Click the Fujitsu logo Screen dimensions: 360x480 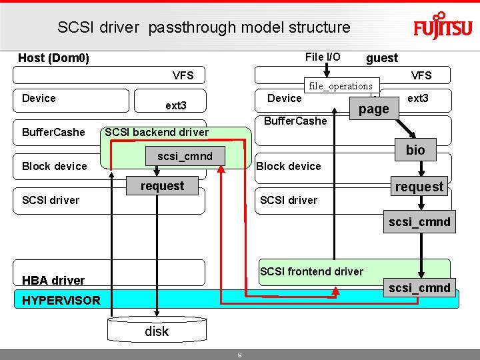443,26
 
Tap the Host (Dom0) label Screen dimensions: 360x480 53,58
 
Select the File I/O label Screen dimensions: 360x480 323,57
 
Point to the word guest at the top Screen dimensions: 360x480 382,58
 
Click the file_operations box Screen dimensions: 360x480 341,86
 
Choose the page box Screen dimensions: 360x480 373,109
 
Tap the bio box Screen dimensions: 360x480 415,150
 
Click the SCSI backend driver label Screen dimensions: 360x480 157,132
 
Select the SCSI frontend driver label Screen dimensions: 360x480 311,271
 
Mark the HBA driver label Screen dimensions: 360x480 53,280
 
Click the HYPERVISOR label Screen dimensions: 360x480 61,300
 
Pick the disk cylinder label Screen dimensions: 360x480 157,331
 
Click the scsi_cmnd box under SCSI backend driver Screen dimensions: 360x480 185,157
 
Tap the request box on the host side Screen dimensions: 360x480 162,186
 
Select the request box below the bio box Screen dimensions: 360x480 419,187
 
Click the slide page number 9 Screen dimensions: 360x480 240,355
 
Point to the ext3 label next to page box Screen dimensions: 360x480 418,98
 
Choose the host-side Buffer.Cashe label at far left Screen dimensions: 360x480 53,132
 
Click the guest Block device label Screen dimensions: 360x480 289,166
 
